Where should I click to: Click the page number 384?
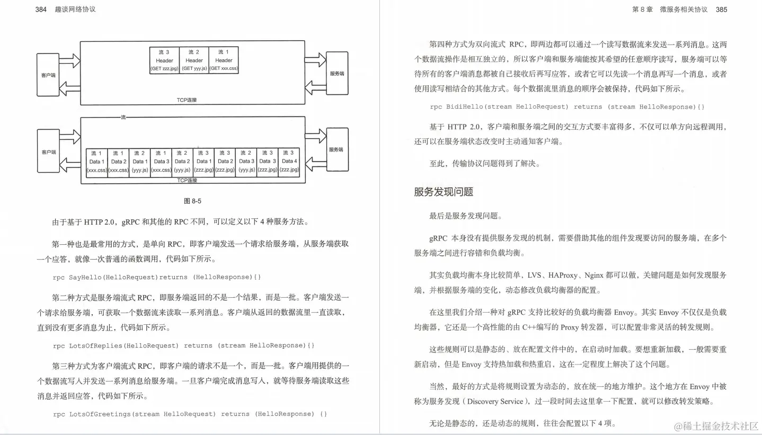pos(41,10)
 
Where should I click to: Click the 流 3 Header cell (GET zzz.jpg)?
pos(164,60)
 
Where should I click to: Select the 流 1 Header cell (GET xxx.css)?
pos(224,60)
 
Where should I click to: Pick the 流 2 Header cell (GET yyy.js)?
pos(194,60)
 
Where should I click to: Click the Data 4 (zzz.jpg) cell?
pos(289,162)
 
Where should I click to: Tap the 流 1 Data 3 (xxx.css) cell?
pos(161,162)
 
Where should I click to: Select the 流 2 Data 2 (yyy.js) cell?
pos(182,162)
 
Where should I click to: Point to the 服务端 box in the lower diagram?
pos(336,150)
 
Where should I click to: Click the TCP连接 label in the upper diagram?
pos(187,100)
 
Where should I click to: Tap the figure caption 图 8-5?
pos(192,201)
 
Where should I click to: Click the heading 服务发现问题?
pos(444,192)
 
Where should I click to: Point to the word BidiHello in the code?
pos(464,107)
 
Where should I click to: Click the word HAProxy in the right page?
pos(564,276)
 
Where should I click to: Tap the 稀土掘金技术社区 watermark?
pos(716,426)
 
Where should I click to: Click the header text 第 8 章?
pos(642,10)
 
